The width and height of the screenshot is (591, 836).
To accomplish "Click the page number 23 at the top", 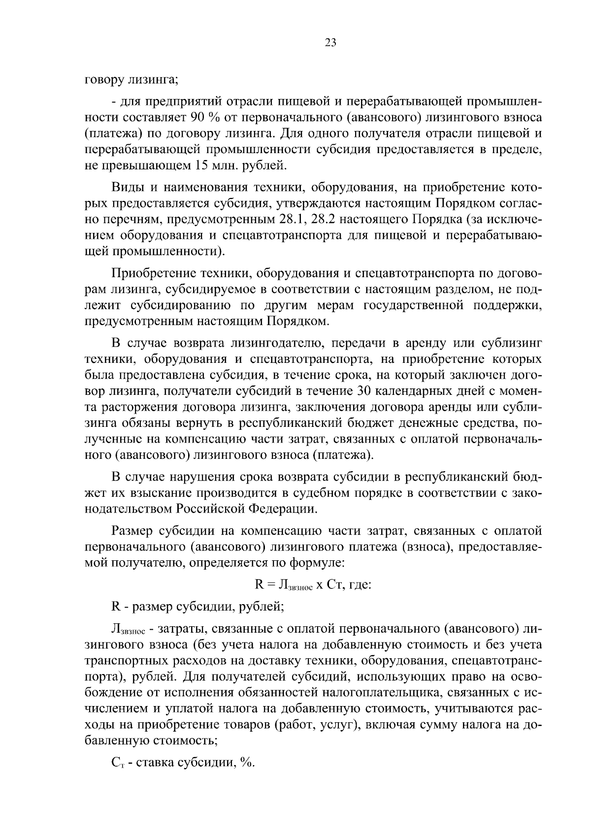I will pos(330,43).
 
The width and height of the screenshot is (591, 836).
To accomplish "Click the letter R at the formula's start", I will pos(259,584).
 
